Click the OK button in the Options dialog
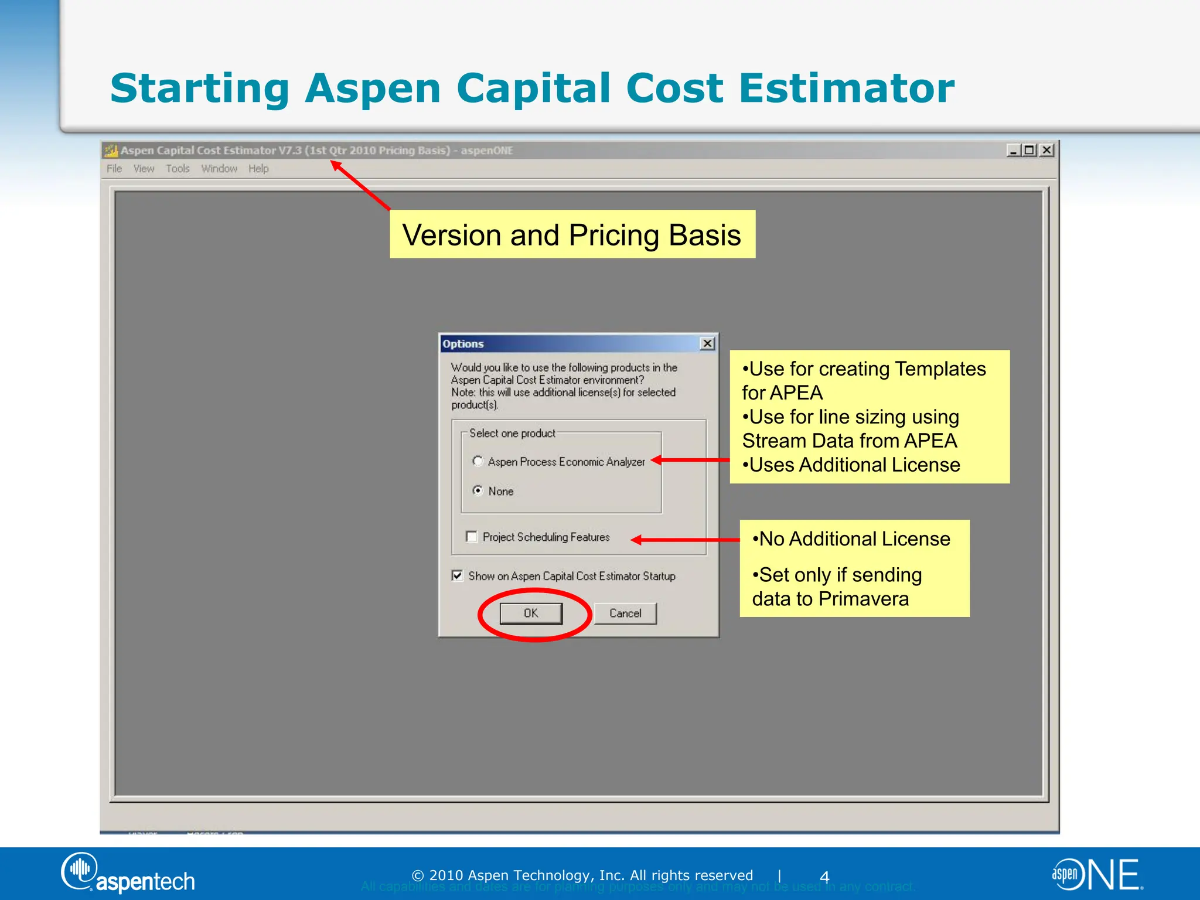(531, 613)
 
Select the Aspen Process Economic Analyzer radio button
(478, 461)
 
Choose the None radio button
(478, 490)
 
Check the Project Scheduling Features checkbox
(472, 537)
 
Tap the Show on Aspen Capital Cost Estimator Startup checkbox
(458, 576)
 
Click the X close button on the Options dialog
(708, 343)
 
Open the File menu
(114, 169)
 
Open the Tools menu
(178, 169)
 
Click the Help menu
(258, 169)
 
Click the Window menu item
(219, 169)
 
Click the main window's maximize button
(1029, 150)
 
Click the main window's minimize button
(1013, 150)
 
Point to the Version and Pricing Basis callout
(572, 234)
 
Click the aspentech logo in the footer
(128, 874)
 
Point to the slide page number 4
(824, 877)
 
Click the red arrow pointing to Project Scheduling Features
(686, 540)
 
